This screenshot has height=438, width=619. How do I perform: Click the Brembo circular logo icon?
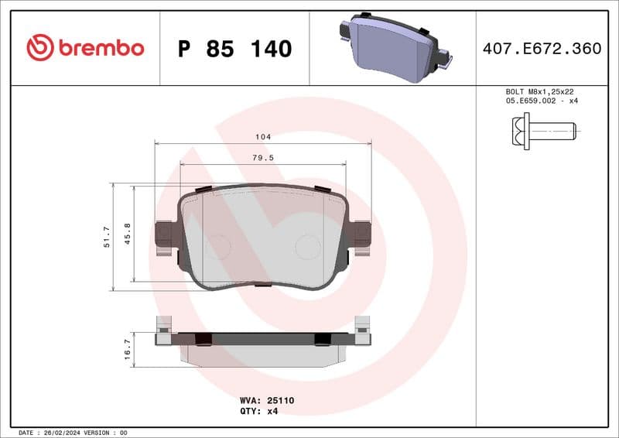pos(40,48)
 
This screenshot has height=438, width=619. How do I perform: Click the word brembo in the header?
pos(101,48)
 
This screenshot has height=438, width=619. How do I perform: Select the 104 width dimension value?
pos(263,137)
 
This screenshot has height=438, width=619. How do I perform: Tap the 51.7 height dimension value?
pos(108,237)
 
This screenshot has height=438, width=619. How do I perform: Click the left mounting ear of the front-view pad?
pos(164,234)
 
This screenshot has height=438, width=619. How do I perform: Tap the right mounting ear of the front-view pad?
pos(361,234)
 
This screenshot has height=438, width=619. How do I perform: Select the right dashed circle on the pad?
pos(308,247)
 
